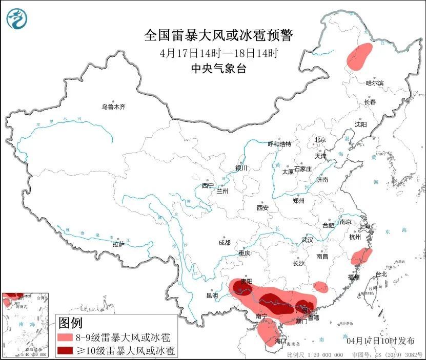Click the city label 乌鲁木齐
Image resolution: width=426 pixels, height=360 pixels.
(x=113, y=107)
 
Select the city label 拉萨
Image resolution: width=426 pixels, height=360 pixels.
(x=118, y=244)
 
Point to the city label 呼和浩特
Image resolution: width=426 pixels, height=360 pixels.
(x=279, y=144)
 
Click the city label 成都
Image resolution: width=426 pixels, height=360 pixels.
(x=224, y=242)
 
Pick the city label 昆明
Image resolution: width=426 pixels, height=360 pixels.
(x=212, y=295)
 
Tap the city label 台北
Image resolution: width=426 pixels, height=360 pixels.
(x=381, y=274)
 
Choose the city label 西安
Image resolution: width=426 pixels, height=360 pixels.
(x=262, y=208)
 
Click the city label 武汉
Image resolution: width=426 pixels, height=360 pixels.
(x=307, y=240)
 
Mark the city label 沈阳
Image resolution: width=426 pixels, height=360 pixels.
(x=361, y=124)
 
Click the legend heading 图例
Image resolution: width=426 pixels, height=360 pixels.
(x=70, y=323)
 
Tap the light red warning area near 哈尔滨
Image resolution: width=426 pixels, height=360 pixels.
(x=359, y=55)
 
